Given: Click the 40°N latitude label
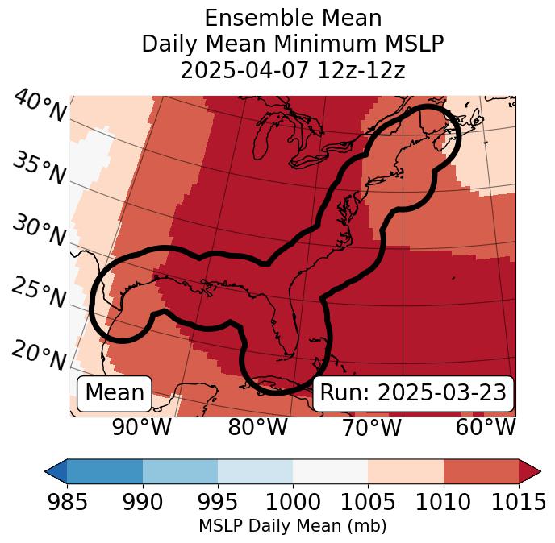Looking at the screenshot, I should pyautogui.click(x=40, y=107).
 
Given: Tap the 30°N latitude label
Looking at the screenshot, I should pyautogui.click(x=39, y=230).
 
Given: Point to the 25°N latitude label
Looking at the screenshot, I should pyautogui.click(x=39, y=293).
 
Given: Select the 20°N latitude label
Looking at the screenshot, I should pyautogui.click(x=39, y=354).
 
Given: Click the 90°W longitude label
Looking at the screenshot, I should pyautogui.click(x=142, y=427).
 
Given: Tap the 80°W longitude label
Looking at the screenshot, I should pyautogui.click(x=258, y=427).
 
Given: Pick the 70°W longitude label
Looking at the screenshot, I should pyautogui.click(x=371, y=427).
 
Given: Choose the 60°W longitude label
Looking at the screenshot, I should pyautogui.click(x=486, y=427).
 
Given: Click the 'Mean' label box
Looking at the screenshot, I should pyautogui.click(x=115, y=393).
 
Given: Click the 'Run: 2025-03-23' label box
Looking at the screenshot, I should pyautogui.click(x=413, y=393).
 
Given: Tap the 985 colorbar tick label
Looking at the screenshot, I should pyautogui.click(x=67, y=503).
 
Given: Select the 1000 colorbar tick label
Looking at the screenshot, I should pyautogui.click(x=293, y=503).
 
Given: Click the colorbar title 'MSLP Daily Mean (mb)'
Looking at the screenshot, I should pyautogui.click(x=293, y=527).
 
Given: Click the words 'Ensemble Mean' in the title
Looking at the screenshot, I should pyautogui.click(x=293, y=18).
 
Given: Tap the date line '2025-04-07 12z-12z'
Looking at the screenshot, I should pyautogui.click(x=293, y=71).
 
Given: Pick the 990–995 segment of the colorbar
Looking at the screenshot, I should pyautogui.click(x=180, y=471).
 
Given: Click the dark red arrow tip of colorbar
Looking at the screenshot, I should pyautogui.click(x=530, y=471).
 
